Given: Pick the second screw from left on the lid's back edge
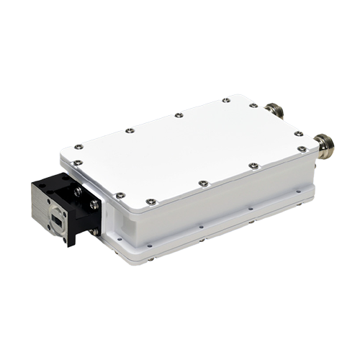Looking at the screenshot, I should tap(127, 132).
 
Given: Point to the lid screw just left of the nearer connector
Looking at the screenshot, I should tap(252, 165).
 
